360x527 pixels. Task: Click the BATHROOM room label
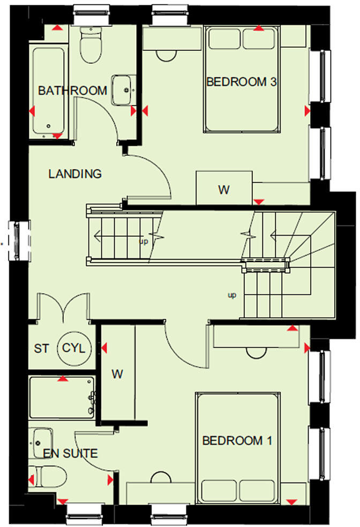72,91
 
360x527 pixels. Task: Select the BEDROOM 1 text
237,441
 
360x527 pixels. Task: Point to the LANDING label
75,174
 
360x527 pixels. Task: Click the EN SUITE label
71,454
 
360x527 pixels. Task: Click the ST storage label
41,349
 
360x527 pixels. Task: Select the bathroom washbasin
124,90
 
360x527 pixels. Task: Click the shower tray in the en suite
62,397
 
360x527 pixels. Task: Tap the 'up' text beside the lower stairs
232,295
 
